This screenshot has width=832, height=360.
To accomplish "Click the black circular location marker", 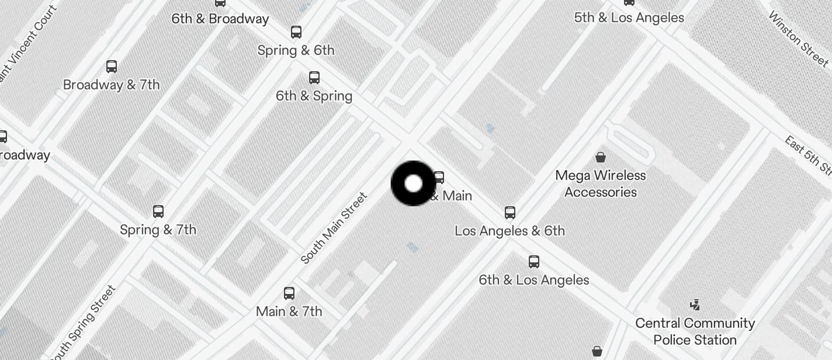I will pos(413,184).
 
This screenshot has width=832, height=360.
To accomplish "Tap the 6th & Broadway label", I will pos(220,19).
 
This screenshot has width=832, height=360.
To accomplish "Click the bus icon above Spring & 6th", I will pos(296,32).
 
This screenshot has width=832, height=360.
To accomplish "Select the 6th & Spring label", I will pos(314,96).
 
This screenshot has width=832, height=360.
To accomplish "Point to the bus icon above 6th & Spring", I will pos(314,77).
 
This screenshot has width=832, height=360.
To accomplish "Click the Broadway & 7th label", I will pos(111,85).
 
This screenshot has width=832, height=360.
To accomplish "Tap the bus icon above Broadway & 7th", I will pos(112,67).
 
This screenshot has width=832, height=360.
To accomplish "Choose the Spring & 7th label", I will pos(158,230).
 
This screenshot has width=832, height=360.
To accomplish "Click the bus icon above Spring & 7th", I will pos(158,211).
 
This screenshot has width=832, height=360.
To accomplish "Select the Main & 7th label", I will pos(289,311).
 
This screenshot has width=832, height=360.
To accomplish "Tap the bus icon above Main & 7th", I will pos(289,293).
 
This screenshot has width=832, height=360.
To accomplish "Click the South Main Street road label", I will pos(334,228).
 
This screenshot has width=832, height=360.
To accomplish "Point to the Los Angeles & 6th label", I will pos(509,231).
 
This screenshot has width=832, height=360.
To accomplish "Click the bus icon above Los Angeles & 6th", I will pos(510,212).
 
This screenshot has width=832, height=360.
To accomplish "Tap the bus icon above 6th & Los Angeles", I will pos(534,261).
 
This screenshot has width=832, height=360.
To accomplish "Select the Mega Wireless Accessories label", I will pos(601,184).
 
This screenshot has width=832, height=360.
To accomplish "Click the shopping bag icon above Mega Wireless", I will pos(600,157).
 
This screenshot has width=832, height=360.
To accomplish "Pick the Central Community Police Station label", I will pos(695,331).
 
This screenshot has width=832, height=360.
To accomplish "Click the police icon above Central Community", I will pos(695,304).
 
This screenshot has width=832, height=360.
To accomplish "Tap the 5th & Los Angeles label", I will pos(629,18).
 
